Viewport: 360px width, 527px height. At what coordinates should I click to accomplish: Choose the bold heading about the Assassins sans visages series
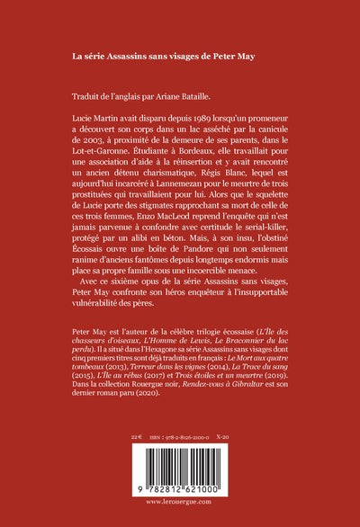pyautogui.click(x=164, y=56)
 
